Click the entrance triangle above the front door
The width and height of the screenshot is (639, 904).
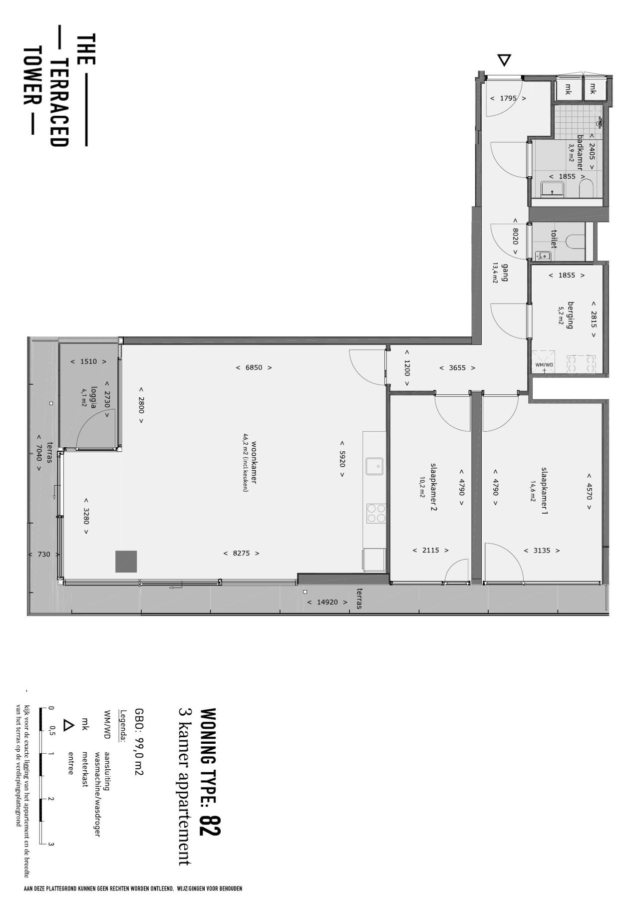click(505, 60)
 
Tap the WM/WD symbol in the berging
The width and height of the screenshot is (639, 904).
click(544, 361)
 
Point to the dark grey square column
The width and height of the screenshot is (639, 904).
click(126, 562)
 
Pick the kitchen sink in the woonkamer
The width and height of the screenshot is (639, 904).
click(374, 466)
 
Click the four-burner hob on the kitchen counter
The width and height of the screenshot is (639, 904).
click(376, 513)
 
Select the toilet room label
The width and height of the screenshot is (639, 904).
click(554, 239)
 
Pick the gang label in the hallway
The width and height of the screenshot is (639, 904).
click(505, 272)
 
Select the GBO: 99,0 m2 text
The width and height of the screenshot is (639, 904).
click(139, 742)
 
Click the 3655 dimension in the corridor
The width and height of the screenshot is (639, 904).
click(457, 368)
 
